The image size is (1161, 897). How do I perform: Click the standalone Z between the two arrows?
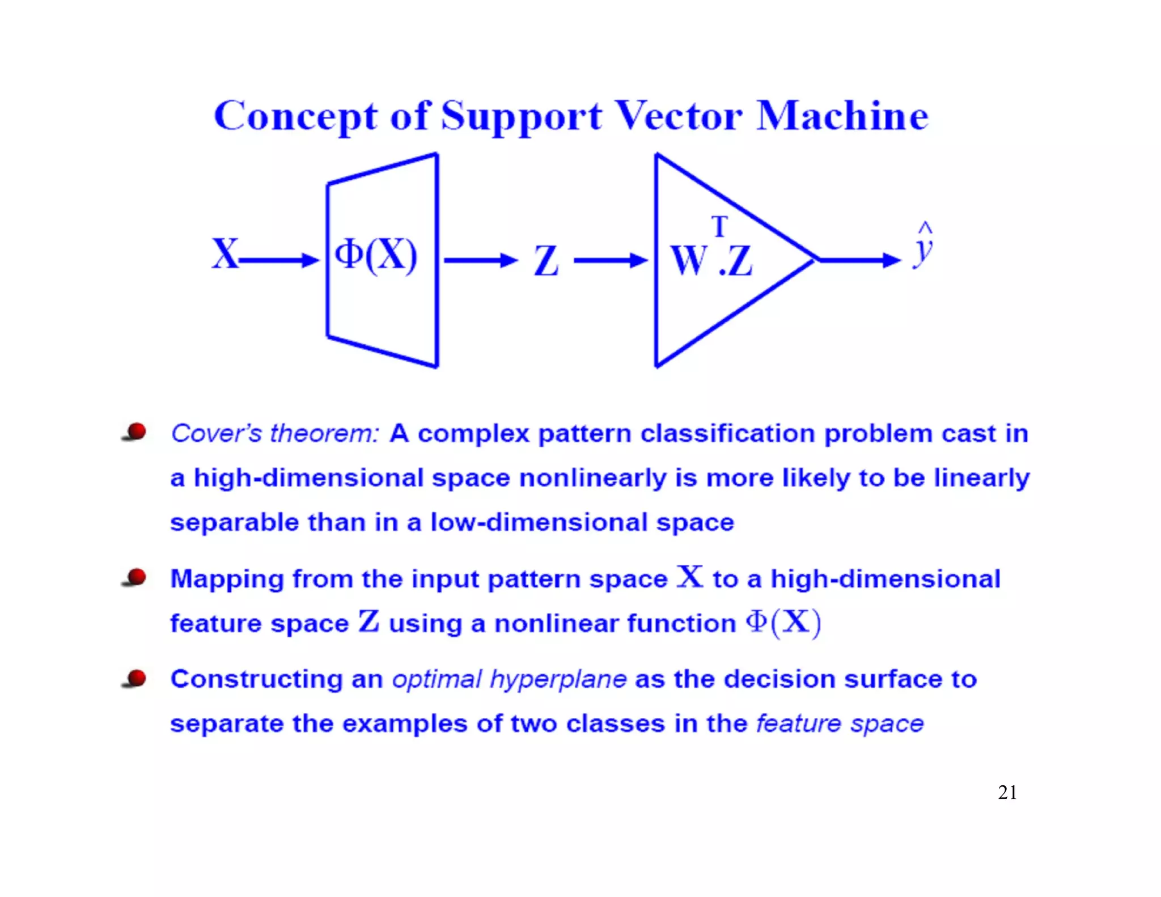pos(546,261)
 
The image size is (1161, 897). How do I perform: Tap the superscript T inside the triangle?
pos(719,227)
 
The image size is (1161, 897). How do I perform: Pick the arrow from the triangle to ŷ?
pos(859,260)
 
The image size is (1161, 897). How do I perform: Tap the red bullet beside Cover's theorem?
pos(135,432)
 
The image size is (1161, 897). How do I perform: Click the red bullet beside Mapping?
pos(135,578)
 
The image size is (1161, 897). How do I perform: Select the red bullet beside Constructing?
pos(135,678)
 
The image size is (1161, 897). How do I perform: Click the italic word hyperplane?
pos(558,679)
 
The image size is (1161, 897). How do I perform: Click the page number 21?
pos(1007,792)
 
